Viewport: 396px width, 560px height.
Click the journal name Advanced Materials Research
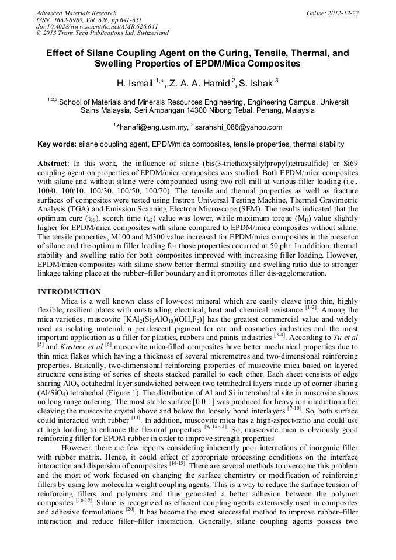76,13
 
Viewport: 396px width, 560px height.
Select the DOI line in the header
97,26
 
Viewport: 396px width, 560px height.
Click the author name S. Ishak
255,84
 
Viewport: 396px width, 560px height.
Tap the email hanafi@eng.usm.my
153,127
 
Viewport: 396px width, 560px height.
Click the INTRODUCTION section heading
69,292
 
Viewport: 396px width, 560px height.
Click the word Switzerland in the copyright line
150,33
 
